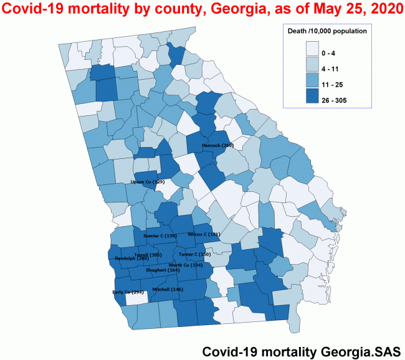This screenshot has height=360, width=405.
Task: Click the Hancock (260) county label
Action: coord(217,145)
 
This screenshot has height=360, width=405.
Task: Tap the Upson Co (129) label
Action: coord(147,182)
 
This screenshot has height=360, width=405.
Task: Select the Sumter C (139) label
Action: coord(160,236)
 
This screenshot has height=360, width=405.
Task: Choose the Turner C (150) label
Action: coord(195,254)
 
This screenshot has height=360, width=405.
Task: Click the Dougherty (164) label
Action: coord(163,270)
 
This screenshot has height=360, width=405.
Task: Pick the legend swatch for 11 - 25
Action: coord(313,81)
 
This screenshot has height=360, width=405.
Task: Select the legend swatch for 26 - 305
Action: coord(313,97)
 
